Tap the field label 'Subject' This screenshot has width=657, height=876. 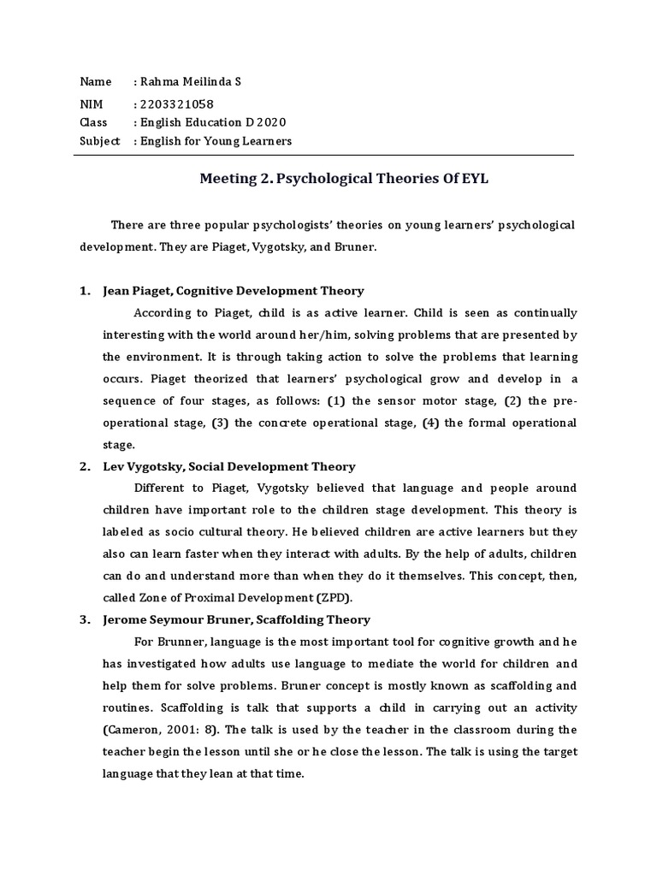(99, 141)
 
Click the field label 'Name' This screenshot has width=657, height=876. (95, 81)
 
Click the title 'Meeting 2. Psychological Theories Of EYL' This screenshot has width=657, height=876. (343, 179)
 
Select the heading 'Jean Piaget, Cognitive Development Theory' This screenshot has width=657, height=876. (233, 291)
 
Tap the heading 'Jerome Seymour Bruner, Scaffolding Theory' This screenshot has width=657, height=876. (235, 619)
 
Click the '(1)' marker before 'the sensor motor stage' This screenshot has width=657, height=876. (337, 400)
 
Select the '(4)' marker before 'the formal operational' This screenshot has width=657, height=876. (431, 423)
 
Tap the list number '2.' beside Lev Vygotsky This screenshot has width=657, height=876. (85, 467)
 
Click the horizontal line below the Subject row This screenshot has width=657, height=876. (326, 156)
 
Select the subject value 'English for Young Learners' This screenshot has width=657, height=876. (216, 141)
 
